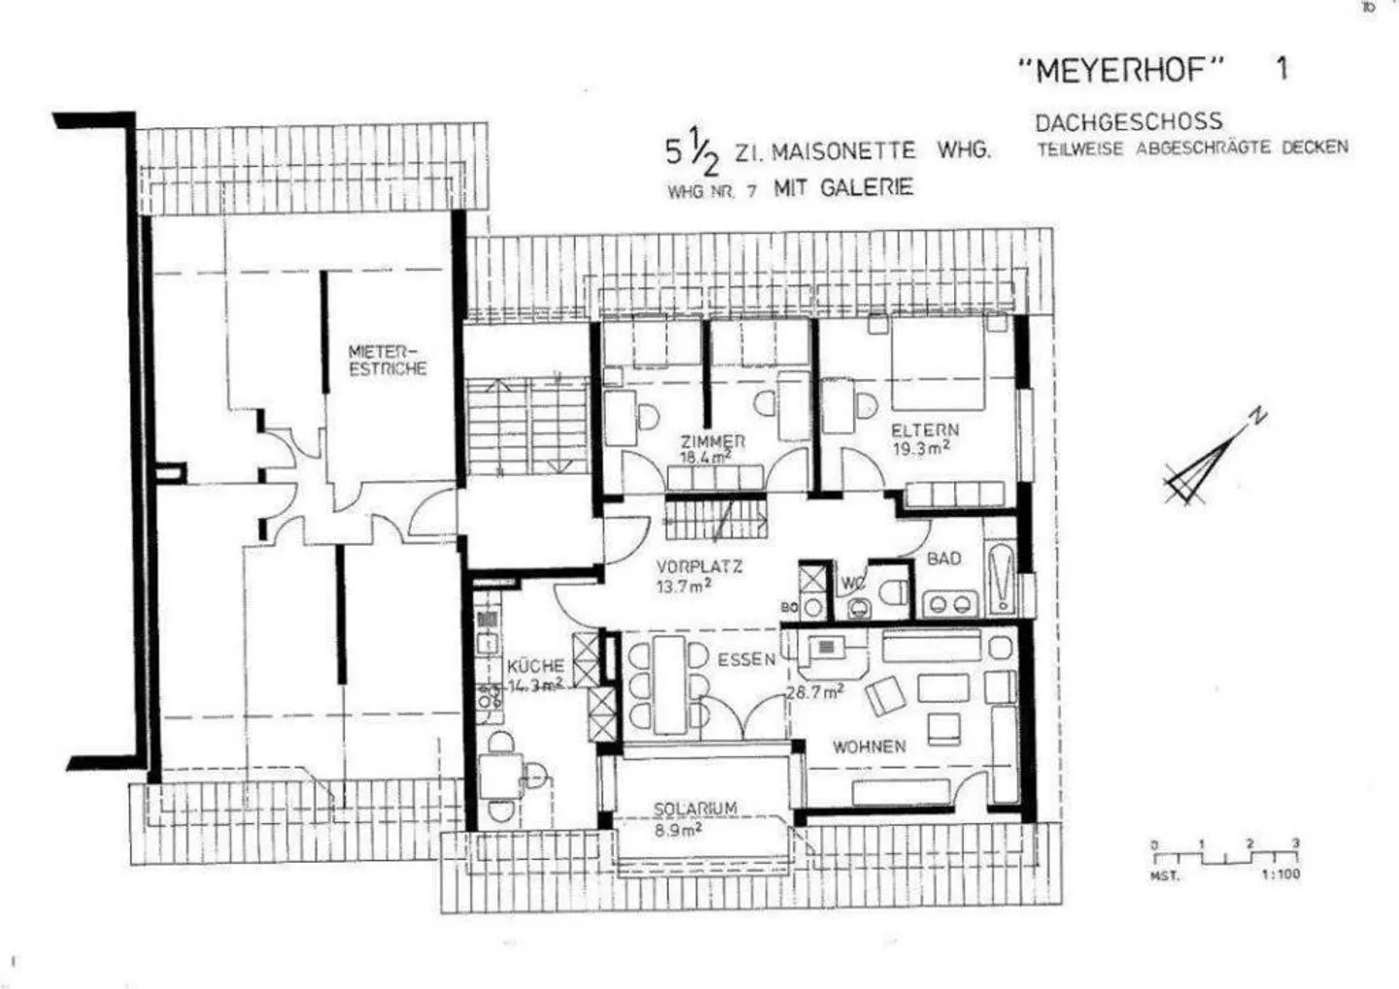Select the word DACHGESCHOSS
tap(1128, 122)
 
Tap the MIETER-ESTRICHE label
tap(387, 359)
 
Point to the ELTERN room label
tap(924, 429)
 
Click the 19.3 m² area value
tap(920, 448)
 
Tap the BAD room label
tap(943, 559)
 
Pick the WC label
tap(853, 583)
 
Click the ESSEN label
tap(746, 660)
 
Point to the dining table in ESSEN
tap(669, 684)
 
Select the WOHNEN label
tap(869, 746)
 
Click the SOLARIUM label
tap(695, 808)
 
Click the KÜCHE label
tap(535, 666)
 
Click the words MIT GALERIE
tap(842, 188)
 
